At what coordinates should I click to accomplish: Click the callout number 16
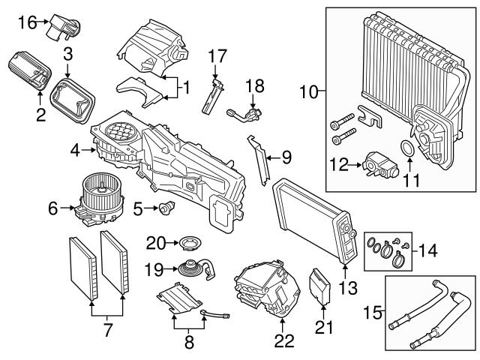tap(26, 22)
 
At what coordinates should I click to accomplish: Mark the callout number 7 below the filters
tap(107, 328)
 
